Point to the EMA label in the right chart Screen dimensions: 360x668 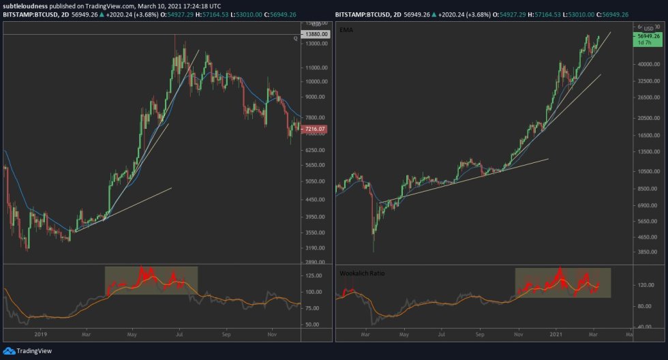point(346,31)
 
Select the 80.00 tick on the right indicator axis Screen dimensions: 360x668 point(644,306)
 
